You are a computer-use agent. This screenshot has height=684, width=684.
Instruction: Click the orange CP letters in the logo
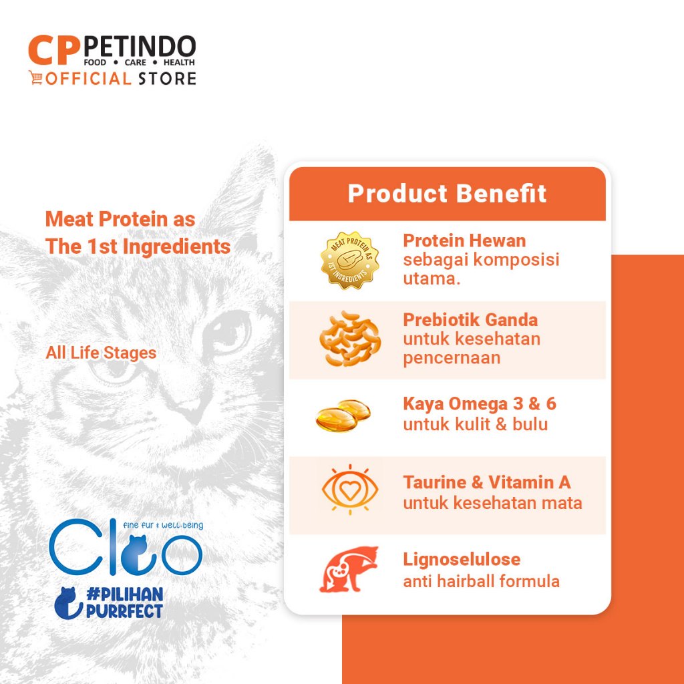click(54, 49)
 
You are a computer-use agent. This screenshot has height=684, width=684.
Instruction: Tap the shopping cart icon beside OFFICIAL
click(36, 77)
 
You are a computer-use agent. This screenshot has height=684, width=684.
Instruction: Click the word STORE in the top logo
click(167, 79)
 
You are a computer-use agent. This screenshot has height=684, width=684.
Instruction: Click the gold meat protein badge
click(350, 261)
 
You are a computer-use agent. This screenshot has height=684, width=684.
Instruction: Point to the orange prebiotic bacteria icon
click(350, 339)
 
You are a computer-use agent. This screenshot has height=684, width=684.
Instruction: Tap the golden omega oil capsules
click(343, 415)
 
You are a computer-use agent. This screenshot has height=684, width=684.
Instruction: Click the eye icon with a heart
click(350, 490)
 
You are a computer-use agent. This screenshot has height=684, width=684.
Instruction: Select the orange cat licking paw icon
click(349, 569)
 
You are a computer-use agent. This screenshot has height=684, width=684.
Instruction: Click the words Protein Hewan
click(464, 240)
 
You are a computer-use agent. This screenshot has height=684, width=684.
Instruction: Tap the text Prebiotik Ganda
click(470, 320)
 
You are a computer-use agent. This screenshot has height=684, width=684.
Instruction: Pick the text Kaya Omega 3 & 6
click(480, 403)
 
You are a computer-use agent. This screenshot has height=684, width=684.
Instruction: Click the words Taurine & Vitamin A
click(487, 482)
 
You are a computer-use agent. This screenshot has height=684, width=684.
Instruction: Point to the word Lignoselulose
click(462, 559)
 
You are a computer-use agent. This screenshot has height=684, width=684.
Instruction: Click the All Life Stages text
click(101, 353)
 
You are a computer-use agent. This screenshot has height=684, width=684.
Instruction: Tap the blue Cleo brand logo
click(126, 546)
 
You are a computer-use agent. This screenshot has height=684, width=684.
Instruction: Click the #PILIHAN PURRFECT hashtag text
click(124, 603)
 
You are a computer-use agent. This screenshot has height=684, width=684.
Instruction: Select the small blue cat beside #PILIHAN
click(68, 603)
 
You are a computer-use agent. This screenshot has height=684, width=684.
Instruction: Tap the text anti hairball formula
click(481, 581)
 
